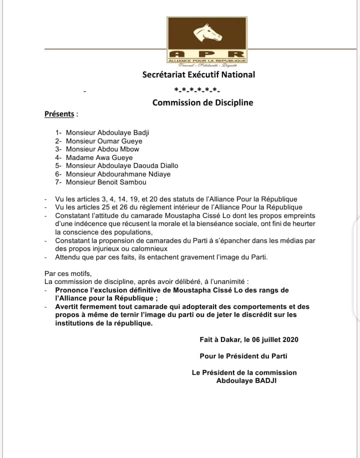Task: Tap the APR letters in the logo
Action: tap(206, 54)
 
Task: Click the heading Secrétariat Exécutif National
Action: tap(198, 74)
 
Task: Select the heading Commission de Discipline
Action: tap(202, 102)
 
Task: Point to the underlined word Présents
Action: tap(59, 113)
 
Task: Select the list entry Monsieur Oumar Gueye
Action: tap(104, 141)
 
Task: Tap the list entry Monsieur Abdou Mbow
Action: tap(102, 149)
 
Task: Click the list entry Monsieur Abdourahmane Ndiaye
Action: tap(118, 173)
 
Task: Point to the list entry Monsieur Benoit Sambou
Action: tap(107, 182)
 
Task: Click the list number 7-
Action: tap(58, 182)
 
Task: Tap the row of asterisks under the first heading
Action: tap(197, 90)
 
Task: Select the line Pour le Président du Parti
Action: tap(243, 356)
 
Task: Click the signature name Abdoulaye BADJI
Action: tap(246, 380)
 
